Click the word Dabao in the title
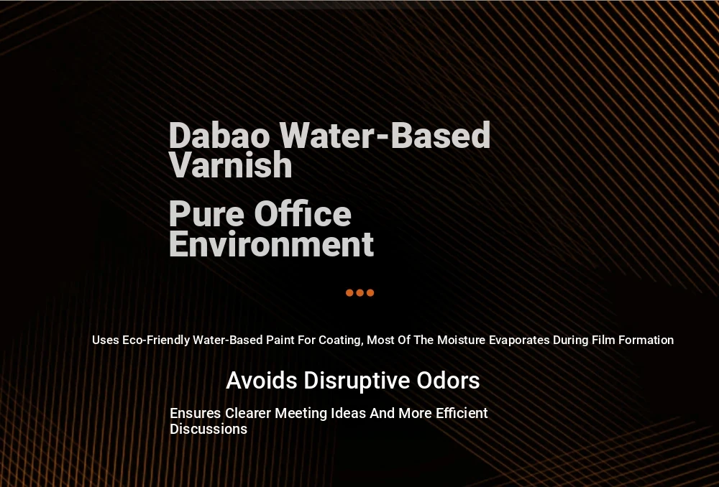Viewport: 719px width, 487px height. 219,136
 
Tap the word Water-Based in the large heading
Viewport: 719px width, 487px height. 385,136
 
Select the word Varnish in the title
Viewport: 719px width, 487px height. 231,165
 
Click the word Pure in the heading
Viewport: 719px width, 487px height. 206,215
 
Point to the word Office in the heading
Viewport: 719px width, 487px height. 303,214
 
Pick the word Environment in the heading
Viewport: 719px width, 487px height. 272,244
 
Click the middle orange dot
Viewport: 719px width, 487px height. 360,293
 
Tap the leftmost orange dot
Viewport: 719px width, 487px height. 349,293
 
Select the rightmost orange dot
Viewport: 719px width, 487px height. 370,293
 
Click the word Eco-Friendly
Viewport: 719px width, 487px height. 156,340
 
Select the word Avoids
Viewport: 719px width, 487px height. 262,381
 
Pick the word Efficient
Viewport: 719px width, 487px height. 462,413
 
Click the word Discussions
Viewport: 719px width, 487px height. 209,430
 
